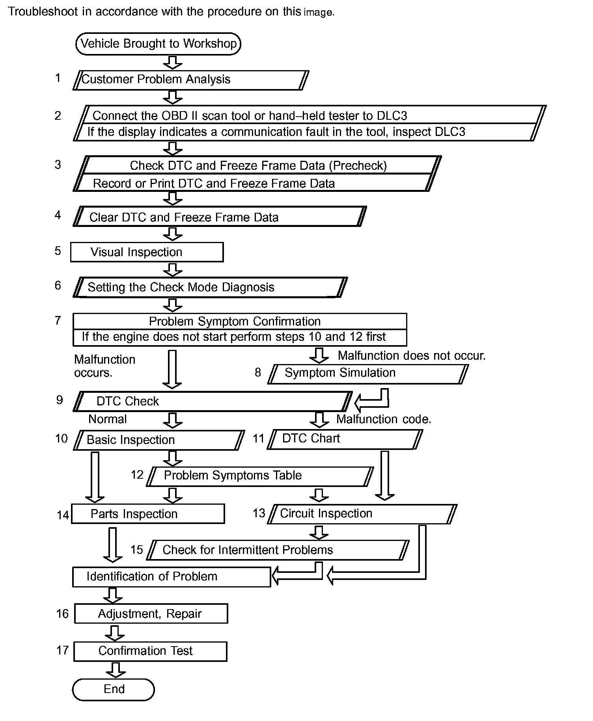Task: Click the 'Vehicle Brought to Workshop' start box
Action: coord(158,43)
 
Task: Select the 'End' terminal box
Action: coord(114,689)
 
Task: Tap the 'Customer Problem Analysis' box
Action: coord(191,80)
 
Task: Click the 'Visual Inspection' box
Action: coord(147,252)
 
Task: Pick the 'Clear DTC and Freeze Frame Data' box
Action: coord(220,216)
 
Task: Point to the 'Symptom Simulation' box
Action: coord(368,374)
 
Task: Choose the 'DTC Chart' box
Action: coord(345,439)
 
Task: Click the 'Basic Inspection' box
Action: coord(159,440)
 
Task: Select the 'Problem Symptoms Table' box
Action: coord(260,476)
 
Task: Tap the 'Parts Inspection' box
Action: coord(148,514)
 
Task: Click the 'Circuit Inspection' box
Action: coord(362,514)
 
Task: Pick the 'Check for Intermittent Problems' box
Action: coord(278,550)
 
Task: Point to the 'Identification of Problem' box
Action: coord(172,577)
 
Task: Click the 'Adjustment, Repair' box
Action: coord(151,613)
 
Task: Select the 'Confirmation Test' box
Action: coord(150,651)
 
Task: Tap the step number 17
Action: coord(63,650)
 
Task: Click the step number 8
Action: coord(258,372)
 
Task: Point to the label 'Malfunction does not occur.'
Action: coord(412,356)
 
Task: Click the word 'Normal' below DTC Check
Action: coord(108,419)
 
